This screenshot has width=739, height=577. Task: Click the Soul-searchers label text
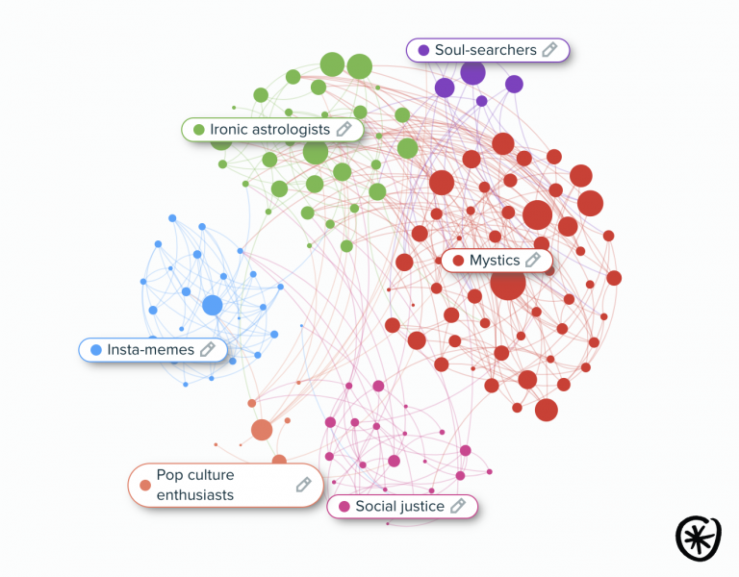pos(485,50)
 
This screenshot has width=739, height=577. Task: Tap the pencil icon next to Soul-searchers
pos(550,50)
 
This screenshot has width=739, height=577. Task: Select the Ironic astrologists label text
pos(269,129)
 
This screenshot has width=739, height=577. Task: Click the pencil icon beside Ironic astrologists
pos(344,129)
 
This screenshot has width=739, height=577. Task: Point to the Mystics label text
pos(495,261)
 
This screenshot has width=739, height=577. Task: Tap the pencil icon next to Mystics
pos(533,261)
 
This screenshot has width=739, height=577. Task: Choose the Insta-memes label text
pos(150,350)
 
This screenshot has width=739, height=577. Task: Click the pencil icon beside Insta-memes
pos(208,350)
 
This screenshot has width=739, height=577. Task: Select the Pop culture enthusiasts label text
pos(196,485)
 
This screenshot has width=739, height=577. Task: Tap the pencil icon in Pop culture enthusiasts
pos(303,485)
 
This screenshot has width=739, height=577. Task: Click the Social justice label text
pos(399,506)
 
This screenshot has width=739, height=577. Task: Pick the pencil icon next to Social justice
pos(458,506)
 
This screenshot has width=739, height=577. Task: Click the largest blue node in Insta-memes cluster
pos(213,306)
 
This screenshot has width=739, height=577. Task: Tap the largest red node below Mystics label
pos(507,284)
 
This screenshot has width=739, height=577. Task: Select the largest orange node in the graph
pos(262,430)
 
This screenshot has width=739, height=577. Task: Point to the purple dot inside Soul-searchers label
pos(423,50)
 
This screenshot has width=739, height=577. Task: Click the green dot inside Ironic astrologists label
pos(198,129)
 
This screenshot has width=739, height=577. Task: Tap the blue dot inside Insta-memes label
pos(95,350)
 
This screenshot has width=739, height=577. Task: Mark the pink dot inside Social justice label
pos(344,506)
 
